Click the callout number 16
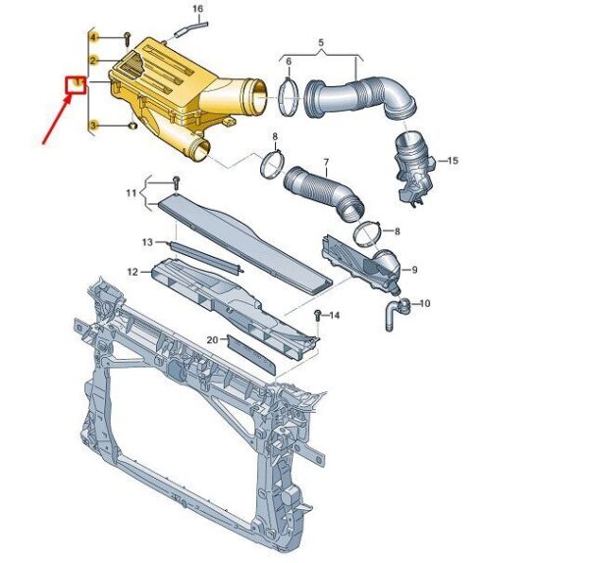197,8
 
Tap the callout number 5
321,42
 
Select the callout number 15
453,161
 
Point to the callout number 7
326,163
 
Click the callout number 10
424,303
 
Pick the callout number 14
334,315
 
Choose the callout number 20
212,339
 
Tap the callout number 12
133,272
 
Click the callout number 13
147,242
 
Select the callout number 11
131,193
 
